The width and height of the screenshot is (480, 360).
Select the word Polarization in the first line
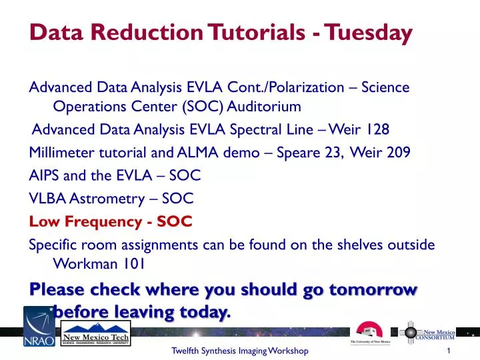click(306, 87)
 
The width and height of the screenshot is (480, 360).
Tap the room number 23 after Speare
click(332, 152)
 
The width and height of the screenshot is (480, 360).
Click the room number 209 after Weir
click(398, 152)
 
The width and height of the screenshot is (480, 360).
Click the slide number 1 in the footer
click(451, 351)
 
